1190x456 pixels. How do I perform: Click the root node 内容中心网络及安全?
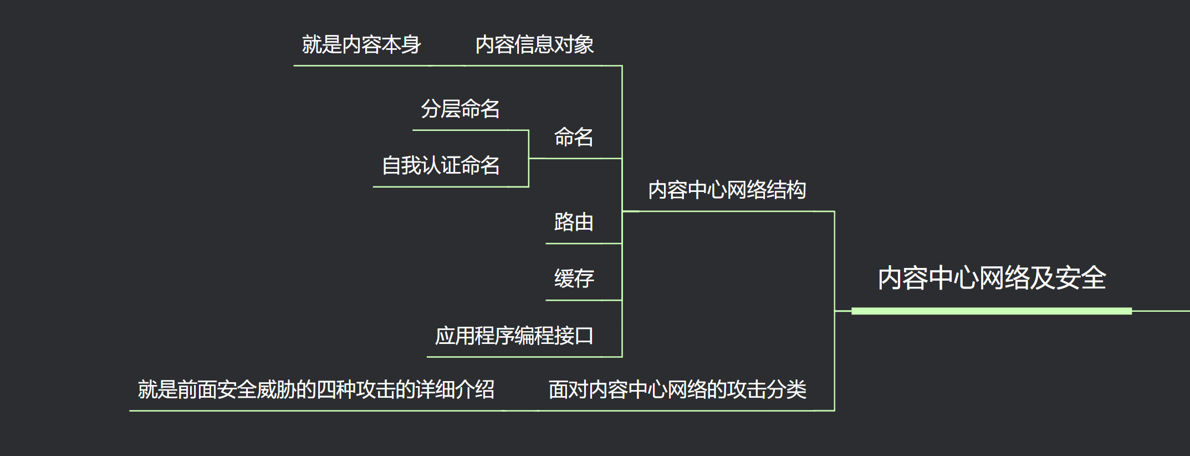(x=991, y=278)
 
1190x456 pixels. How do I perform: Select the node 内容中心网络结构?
(x=727, y=190)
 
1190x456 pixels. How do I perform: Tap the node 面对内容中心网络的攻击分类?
(x=677, y=389)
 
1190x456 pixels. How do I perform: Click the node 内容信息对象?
(x=534, y=45)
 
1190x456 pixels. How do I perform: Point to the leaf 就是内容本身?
(x=361, y=45)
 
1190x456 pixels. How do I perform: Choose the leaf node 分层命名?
(x=460, y=109)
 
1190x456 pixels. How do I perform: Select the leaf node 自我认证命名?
(x=441, y=165)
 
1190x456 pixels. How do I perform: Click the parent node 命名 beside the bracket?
(x=574, y=137)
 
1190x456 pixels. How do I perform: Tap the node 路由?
(x=574, y=222)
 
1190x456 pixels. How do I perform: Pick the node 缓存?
(x=574, y=278)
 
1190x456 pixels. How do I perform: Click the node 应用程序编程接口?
(x=514, y=336)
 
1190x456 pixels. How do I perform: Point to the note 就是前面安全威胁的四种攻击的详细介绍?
(x=316, y=389)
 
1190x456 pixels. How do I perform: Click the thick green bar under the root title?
(x=991, y=311)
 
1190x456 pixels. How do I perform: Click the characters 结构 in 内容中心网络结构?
(x=786, y=190)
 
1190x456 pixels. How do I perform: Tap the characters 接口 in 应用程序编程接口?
(x=574, y=336)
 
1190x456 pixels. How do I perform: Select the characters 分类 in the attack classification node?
(x=786, y=389)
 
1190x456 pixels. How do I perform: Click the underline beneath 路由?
(x=583, y=244)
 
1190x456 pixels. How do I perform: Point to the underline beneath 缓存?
(x=583, y=301)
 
